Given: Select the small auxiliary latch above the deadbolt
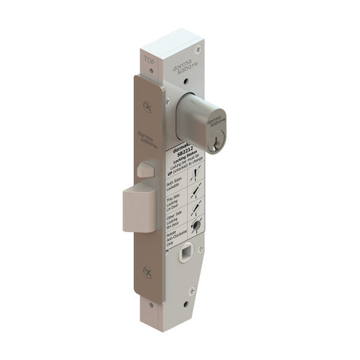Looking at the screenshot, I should [141, 169].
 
